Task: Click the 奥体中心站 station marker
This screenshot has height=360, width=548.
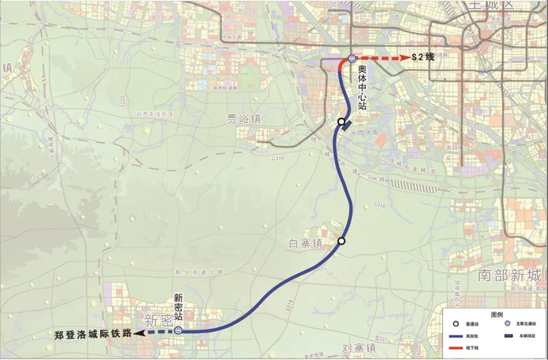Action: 352,58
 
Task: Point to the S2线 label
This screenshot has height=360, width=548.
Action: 423,57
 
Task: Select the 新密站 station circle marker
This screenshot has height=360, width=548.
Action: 178,331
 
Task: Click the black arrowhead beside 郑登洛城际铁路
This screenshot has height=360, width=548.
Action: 138,333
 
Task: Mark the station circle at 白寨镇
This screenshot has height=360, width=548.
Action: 341,241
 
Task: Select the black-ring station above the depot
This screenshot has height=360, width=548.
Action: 341,122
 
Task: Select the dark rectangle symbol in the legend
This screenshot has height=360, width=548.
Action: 507,335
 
